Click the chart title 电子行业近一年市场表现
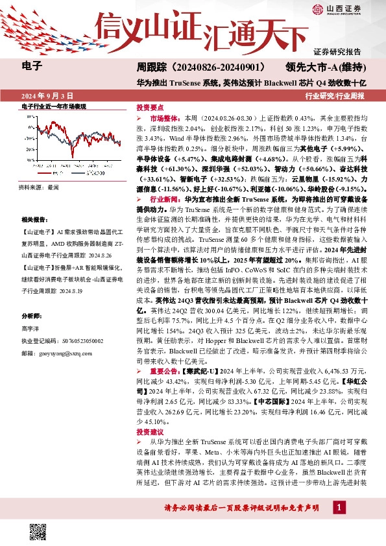[x=54, y=105]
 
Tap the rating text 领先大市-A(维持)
[x=328, y=66]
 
